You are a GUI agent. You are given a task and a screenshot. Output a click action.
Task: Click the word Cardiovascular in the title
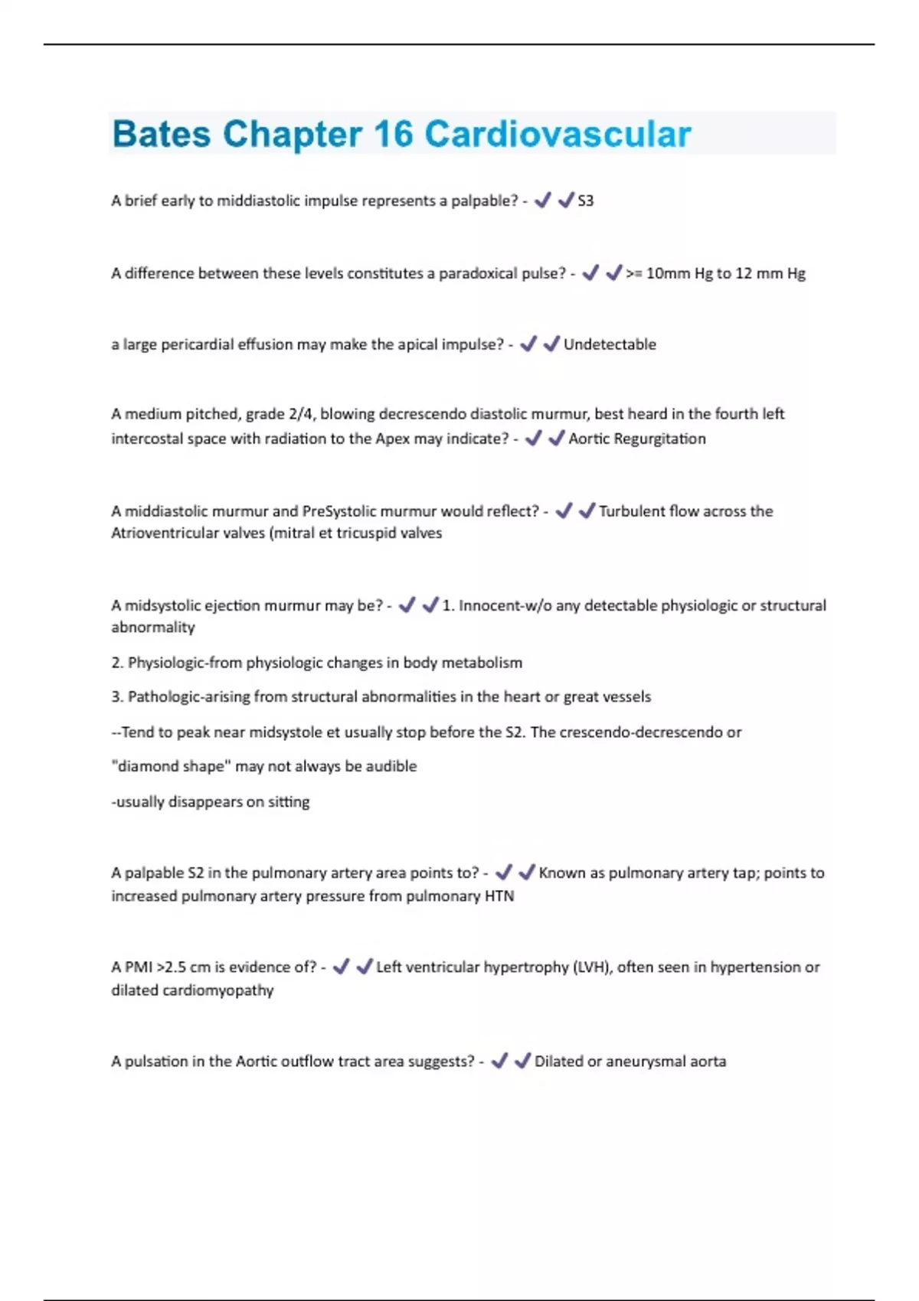(558, 135)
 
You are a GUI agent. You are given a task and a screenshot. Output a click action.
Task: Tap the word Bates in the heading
(161, 135)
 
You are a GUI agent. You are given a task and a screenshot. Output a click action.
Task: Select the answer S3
(585, 201)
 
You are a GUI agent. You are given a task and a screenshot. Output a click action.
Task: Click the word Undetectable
(610, 344)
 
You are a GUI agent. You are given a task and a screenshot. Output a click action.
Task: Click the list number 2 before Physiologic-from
(117, 663)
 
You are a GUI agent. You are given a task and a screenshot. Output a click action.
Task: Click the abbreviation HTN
(499, 896)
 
